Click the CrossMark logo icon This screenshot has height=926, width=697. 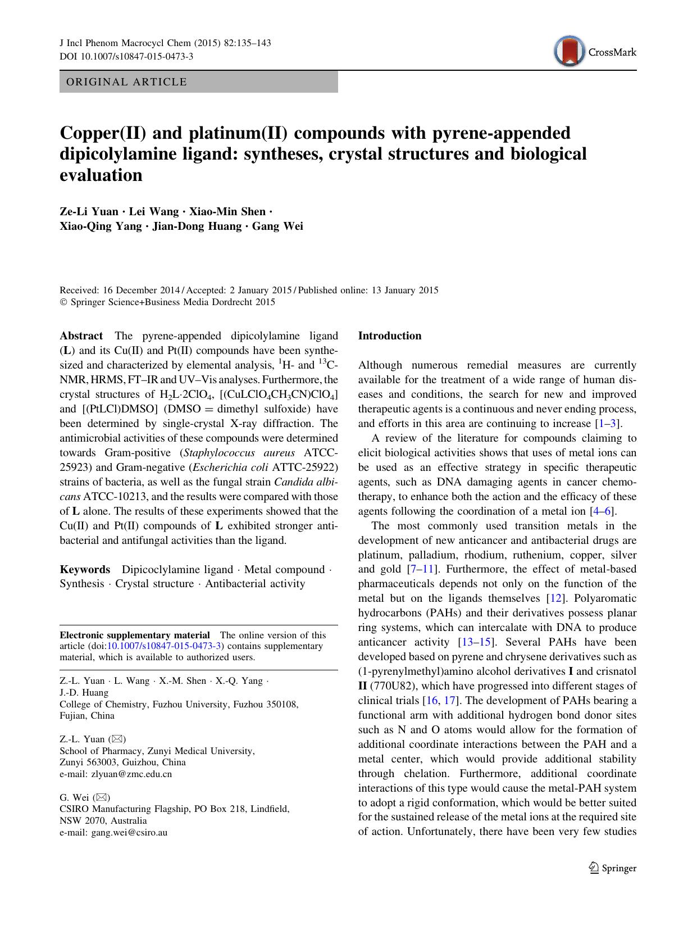tap(568, 52)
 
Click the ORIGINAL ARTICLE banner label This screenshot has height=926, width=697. tap(126, 82)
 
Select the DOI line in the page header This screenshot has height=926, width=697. tap(126, 56)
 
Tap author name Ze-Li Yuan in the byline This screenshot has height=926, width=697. tap(89, 212)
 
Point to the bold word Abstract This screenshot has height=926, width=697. tap(81, 336)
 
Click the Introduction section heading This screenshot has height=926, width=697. tap(390, 336)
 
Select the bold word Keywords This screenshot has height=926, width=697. tap(85, 570)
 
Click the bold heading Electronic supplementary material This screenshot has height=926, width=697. tap(135, 635)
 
